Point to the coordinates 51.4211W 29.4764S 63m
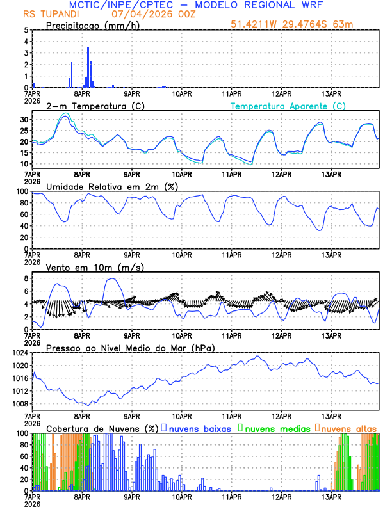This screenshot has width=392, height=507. click(292, 24)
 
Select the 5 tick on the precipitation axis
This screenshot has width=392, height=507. click(26, 30)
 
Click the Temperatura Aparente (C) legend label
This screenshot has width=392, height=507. click(288, 106)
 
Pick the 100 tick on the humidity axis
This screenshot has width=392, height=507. click(22, 191)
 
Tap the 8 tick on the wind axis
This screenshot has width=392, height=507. click(26, 278)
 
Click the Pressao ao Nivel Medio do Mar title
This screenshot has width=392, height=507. click(131, 348)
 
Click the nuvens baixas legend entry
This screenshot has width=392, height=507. click(199, 428)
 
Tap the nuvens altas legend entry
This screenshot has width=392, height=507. click(347, 428)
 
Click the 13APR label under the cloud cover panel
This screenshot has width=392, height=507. click(331, 496)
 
